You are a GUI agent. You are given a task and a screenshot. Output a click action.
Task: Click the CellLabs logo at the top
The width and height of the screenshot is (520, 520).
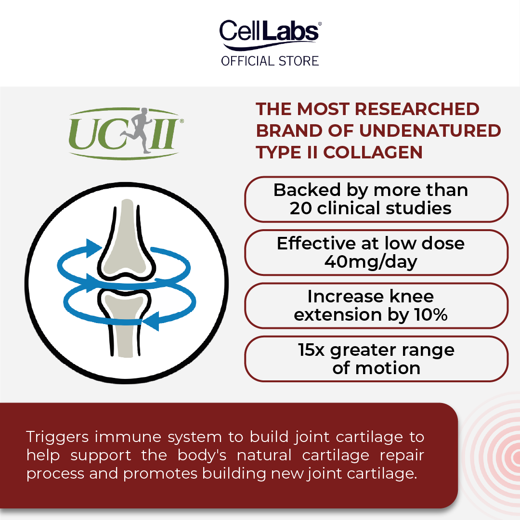(x=270, y=35)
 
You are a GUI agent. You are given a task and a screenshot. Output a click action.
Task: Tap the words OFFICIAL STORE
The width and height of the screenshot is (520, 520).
(x=270, y=61)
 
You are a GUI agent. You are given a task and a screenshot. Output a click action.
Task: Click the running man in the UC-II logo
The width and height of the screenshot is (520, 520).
(x=138, y=130)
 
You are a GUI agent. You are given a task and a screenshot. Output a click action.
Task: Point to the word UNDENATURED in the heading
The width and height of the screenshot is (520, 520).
(x=430, y=130)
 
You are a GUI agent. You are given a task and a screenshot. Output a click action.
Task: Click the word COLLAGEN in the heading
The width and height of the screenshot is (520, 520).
(x=373, y=153)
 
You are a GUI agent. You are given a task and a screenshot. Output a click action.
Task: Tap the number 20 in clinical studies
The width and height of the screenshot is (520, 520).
(x=300, y=208)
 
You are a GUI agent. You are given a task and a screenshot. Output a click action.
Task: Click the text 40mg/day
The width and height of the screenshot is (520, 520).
(x=371, y=262)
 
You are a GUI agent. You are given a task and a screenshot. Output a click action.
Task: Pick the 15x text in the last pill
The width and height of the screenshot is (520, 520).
(x=311, y=350)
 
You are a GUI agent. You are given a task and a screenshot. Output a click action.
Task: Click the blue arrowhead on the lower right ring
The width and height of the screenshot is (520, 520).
(x=150, y=321)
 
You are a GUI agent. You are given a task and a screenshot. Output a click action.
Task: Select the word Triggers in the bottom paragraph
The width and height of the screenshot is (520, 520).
(x=57, y=437)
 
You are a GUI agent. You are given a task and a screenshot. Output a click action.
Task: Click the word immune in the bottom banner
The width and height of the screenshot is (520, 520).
(x=125, y=437)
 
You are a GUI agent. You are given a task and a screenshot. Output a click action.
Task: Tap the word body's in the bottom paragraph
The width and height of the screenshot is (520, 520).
(x=202, y=455)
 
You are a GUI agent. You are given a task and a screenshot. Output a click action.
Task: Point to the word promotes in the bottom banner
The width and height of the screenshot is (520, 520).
(x=160, y=474)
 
